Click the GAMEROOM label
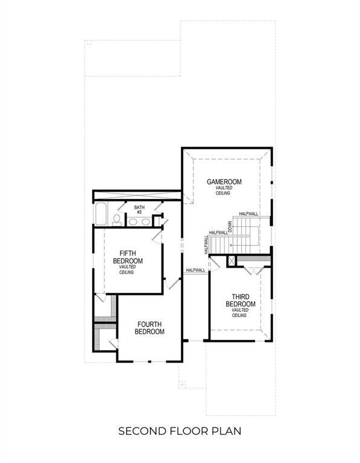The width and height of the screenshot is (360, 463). pos(224,181)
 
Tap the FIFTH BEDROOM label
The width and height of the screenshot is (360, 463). pos(128,257)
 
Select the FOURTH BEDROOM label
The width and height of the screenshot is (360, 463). pos(149,327)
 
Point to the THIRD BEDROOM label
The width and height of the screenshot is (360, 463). pos(241,300)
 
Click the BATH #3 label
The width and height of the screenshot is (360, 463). pos(139,209)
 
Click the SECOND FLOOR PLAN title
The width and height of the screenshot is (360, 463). pos(180,431)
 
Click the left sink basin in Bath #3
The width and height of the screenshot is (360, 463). pos(133,221)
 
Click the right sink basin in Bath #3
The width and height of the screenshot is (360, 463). pos(146,221)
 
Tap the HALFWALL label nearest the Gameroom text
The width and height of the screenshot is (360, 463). pos(248,214)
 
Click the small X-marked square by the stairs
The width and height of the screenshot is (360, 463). pos(230,260)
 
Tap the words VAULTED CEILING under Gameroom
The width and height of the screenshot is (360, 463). pos(224,191)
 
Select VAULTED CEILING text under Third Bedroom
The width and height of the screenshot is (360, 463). pos(241,313)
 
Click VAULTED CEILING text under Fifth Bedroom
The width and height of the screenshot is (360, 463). pos(127,269)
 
